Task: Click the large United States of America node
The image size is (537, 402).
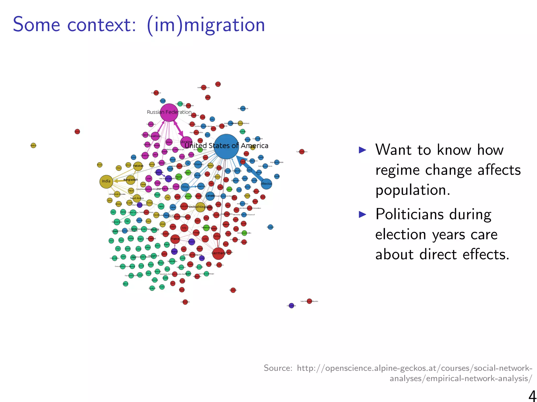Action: pyautogui.click(x=227, y=147)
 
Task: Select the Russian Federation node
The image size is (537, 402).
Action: pyautogui.click(x=169, y=113)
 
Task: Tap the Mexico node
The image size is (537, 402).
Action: pyautogui.click(x=266, y=184)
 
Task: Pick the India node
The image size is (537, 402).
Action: pyautogui.click(x=106, y=181)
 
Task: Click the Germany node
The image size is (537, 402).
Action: pyautogui.click(x=218, y=253)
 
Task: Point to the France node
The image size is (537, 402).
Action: pyautogui.click(x=175, y=239)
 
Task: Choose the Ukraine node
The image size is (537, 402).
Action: pyautogui.click(x=186, y=142)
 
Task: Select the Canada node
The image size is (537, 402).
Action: pyautogui.click(x=210, y=196)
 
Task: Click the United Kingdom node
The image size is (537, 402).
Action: pyautogui.click(x=200, y=207)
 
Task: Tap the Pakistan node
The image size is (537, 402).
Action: pyautogui.click(x=138, y=166)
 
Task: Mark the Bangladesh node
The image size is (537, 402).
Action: pyautogui.click(x=130, y=180)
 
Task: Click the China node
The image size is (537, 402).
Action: pyautogui.click(x=185, y=187)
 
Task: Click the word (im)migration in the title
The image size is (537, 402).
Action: pyautogui.click(x=206, y=25)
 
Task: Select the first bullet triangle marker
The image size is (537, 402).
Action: pyautogui.click(x=362, y=150)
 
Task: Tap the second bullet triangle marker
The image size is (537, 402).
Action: pyautogui.click(x=362, y=215)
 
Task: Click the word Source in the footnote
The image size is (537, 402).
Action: pyautogui.click(x=277, y=368)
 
